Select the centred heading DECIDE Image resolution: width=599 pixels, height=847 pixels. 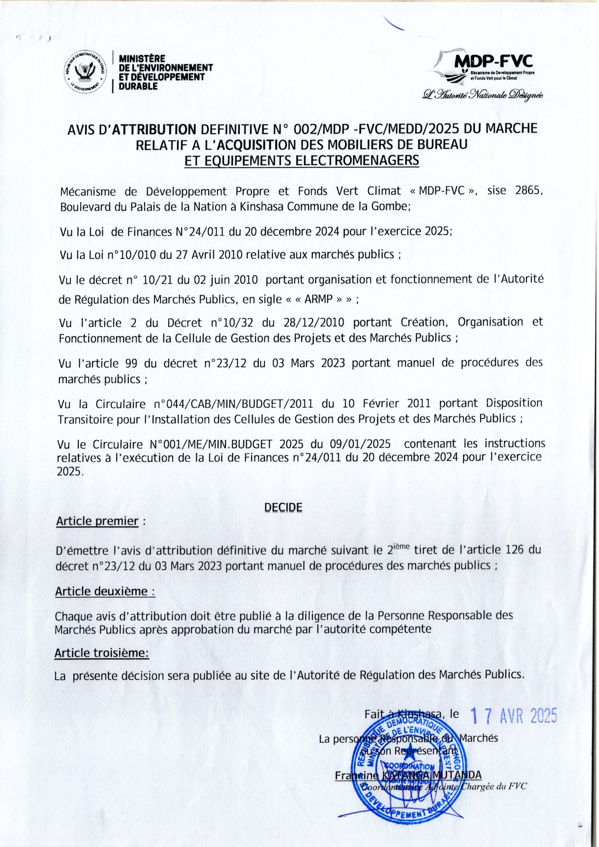(283, 508)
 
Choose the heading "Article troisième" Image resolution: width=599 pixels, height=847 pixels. (102, 653)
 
